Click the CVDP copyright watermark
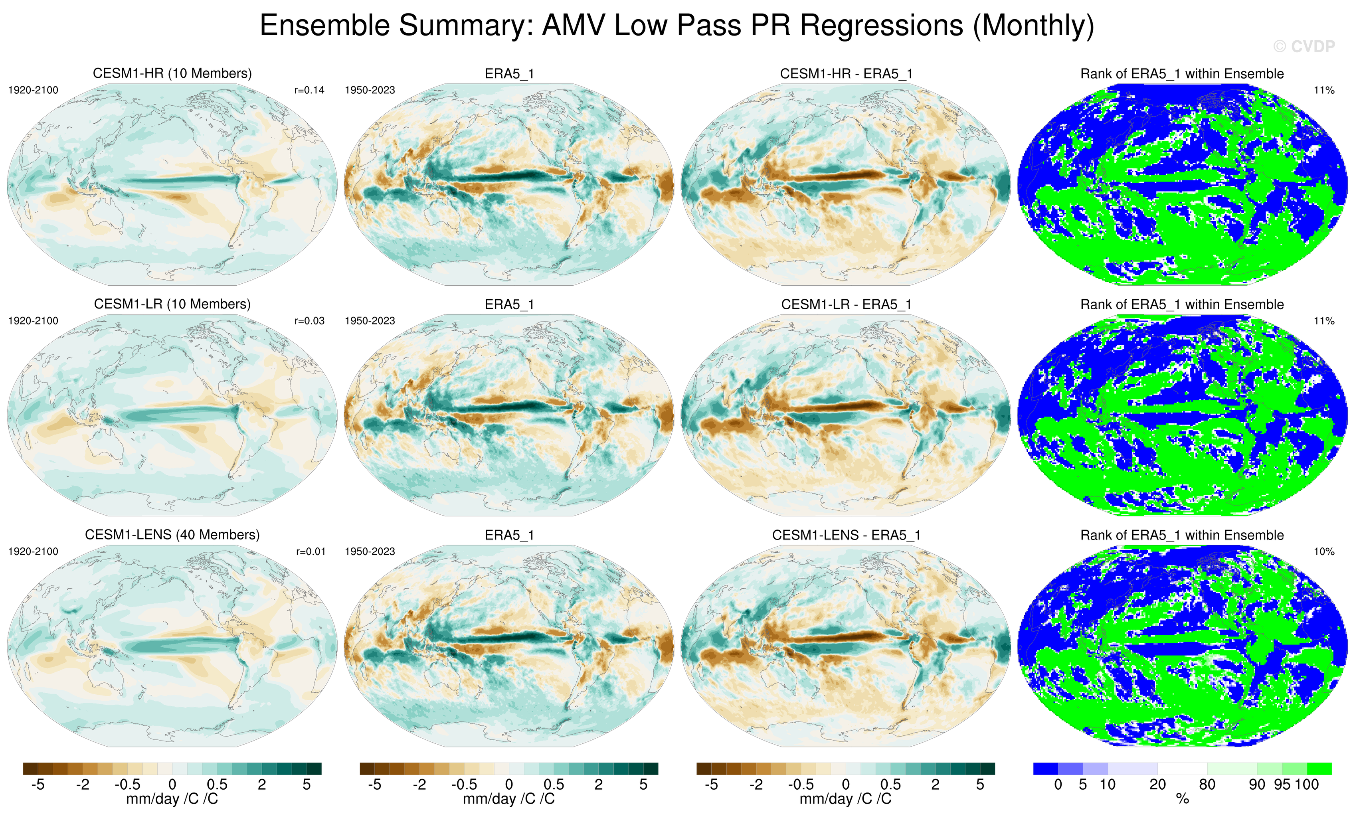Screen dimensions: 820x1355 [1304, 47]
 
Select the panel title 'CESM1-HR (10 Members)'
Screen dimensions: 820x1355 [172, 74]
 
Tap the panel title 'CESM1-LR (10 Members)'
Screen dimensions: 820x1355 [172, 304]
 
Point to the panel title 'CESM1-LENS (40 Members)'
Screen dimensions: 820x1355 [172, 535]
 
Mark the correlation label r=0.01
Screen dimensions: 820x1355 [310, 551]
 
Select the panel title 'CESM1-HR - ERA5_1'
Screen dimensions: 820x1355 [846, 74]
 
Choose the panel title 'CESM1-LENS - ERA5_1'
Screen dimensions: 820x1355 [846, 535]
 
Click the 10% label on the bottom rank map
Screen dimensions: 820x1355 [1323, 551]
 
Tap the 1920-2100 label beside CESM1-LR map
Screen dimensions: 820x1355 [33, 321]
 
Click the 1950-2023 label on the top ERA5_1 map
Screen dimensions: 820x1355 [370, 90]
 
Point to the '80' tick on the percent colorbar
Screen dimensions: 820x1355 [1207, 784]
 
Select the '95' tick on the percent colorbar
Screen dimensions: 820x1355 [1282, 784]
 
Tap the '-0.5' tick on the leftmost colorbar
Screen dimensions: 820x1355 [127, 784]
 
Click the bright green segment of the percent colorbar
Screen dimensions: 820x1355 [1319, 768]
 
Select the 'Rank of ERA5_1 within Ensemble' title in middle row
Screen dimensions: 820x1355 [1182, 304]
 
